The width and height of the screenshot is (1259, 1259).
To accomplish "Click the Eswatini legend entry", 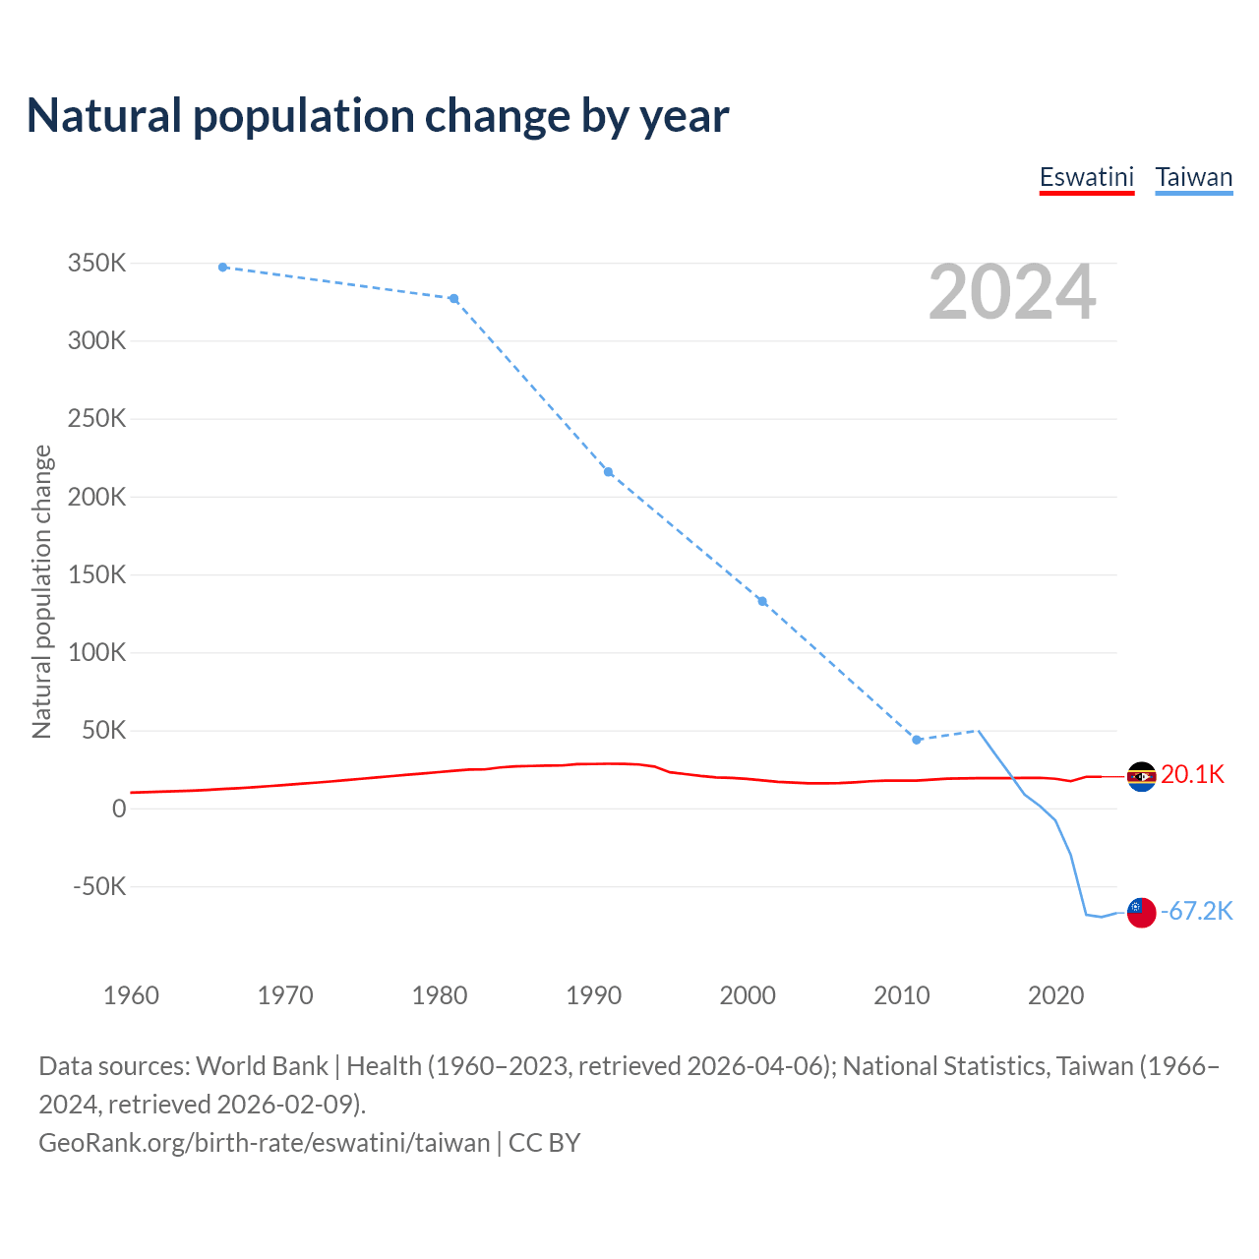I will pyautogui.click(x=1087, y=177).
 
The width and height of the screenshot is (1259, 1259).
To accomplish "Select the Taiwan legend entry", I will pyautogui.click(x=1193, y=177).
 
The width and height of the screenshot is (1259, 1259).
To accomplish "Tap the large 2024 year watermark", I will pyautogui.click(x=1012, y=292).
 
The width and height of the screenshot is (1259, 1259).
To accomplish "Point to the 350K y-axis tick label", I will pyautogui.click(x=97, y=264).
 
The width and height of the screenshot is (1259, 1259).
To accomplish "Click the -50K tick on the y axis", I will pyautogui.click(x=99, y=886).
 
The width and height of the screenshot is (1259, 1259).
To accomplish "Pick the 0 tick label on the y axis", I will pyautogui.click(x=119, y=809).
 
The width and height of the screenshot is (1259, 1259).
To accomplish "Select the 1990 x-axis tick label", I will pyautogui.click(x=594, y=995).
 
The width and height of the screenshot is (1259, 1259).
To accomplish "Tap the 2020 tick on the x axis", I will pyautogui.click(x=1056, y=995).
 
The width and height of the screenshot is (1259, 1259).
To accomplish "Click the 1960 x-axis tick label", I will pyautogui.click(x=131, y=995).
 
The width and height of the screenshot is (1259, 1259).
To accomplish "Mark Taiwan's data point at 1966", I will pyautogui.click(x=223, y=268).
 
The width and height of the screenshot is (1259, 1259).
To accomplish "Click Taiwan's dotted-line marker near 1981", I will pyautogui.click(x=453, y=299).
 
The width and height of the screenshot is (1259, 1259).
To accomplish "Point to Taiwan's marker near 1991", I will pyautogui.click(x=608, y=472).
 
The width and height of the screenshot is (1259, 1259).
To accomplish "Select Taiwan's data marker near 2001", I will pyautogui.click(x=762, y=602).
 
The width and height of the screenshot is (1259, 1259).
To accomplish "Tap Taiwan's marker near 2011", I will pyautogui.click(x=917, y=740).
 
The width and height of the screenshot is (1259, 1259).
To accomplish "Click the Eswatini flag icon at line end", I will pyautogui.click(x=1141, y=777).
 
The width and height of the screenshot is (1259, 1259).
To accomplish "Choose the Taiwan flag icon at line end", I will pyautogui.click(x=1141, y=913).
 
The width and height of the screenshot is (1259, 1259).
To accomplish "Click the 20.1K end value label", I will pyautogui.click(x=1192, y=775).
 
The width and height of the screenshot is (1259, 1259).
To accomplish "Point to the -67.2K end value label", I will pyautogui.click(x=1196, y=912).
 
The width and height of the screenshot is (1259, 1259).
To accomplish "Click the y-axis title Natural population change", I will pyautogui.click(x=42, y=591).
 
